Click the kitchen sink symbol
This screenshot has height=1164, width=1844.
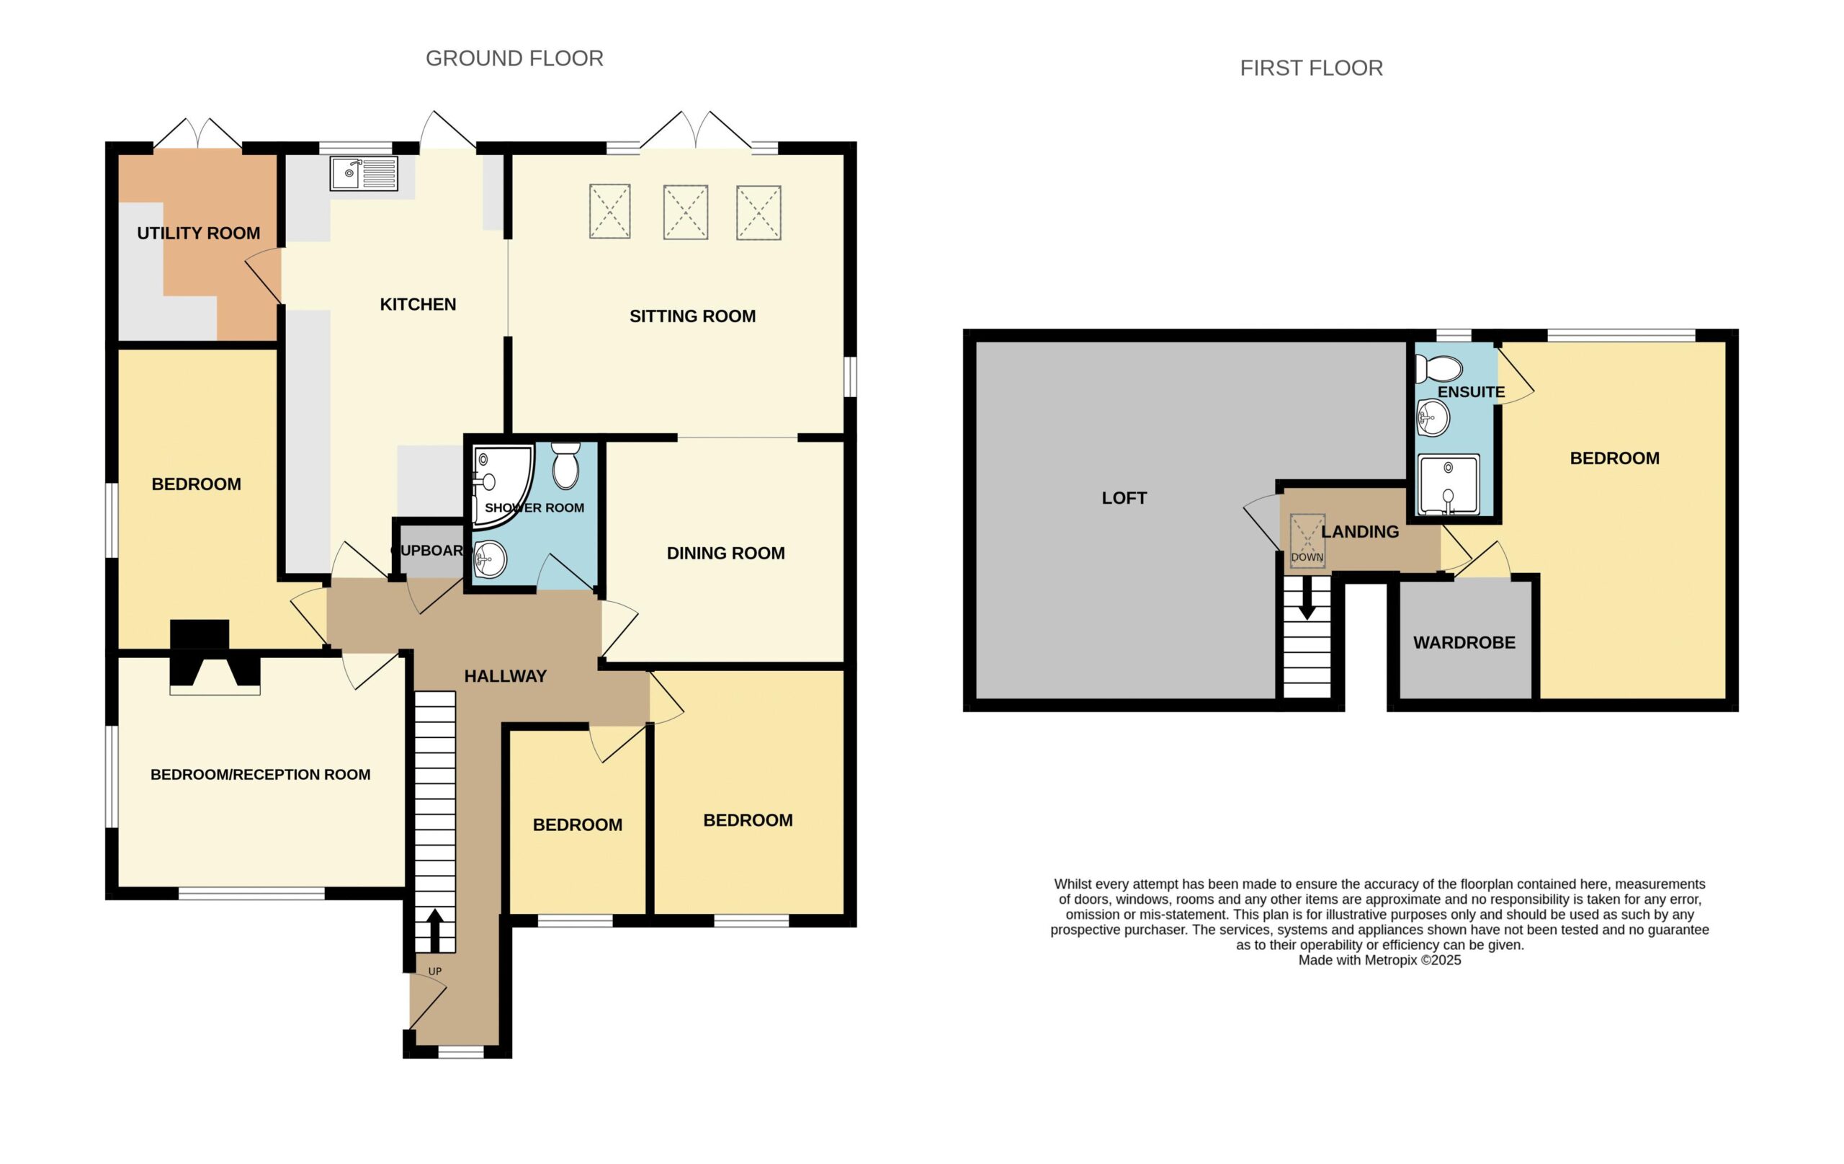[x=364, y=173]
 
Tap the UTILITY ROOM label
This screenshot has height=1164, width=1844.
[x=198, y=233]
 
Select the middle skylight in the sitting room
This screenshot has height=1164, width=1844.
[x=685, y=213]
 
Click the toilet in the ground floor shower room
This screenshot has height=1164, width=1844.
[x=566, y=465]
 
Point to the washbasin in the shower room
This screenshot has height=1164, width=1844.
[x=490, y=559]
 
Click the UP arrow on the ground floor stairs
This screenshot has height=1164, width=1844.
[x=434, y=930]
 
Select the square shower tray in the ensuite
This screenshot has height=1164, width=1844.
[x=1448, y=484]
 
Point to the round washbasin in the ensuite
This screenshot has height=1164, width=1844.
[x=1433, y=417]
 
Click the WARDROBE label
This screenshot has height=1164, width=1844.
[x=1464, y=643]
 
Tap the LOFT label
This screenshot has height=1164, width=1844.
[x=1124, y=498]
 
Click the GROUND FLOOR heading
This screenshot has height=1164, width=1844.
[x=514, y=58]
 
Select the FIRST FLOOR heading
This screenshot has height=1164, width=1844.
[x=1311, y=68]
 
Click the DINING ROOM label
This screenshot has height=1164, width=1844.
[x=726, y=554]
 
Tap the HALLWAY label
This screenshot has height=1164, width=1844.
[x=506, y=676]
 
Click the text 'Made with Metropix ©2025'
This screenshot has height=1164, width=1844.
[x=1379, y=960]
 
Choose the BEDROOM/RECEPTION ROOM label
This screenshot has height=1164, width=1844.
[x=260, y=775]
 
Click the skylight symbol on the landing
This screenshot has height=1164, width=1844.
[x=1307, y=541]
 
